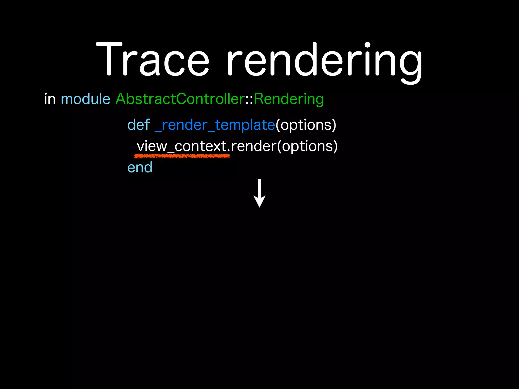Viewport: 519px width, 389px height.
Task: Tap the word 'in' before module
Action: pyautogui.click(x=50, y=99)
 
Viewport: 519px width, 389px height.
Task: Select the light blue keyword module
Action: pyautogui.click(x=85, y=99)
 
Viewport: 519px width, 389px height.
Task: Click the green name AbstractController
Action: pyautogui.click(x=180, y=99)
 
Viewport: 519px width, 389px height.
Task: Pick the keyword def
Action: pyautogui.click(x=139, y=125)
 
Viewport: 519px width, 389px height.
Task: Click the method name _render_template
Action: pyautogui.click(x=215, y=125)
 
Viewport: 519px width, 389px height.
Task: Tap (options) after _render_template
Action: pyautogui.click(x=306, y=125)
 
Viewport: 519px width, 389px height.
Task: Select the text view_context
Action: pyautogui.click(x=182, y=146)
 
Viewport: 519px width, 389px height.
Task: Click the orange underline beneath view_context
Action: pyautogui.click(x=182, y=156)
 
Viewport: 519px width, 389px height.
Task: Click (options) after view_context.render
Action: pyautogui.click(x=307, y=146)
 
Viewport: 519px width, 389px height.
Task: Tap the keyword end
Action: pyautogui.click(x=140, y=168)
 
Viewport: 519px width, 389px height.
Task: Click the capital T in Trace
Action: pyautogui.click(x=109, y=60)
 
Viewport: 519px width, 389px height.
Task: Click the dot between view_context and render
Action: pyautogui.click(x=229, y=151)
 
